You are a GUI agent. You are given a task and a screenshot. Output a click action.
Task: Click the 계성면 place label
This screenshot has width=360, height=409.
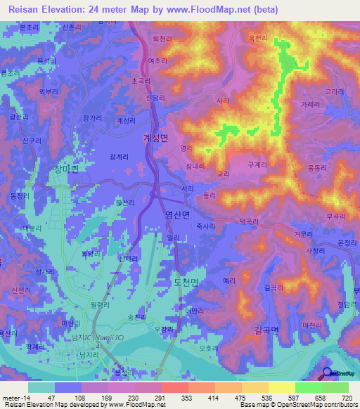click(x=155, y=138)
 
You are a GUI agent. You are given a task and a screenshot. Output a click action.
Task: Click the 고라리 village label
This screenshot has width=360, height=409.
click(x=334, y=91)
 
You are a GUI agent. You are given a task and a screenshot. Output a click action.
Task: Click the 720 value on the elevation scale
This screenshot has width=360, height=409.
click(x=347, y=398)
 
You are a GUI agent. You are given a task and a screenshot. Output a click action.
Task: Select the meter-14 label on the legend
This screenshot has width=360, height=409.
click(x=16, y=398)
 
